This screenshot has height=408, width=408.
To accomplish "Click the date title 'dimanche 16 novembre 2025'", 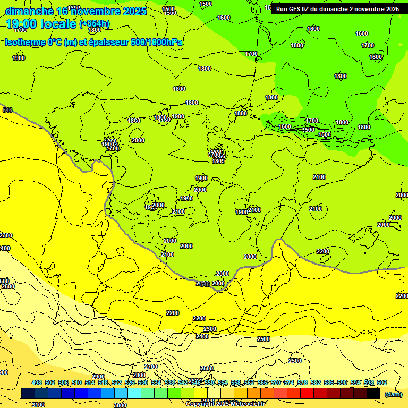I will pos(75,11).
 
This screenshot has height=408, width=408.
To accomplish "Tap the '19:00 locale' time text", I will pos(41,24).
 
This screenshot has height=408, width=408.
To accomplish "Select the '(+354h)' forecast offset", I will pos(94,24).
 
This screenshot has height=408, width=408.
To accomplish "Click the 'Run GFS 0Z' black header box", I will pos(337,9).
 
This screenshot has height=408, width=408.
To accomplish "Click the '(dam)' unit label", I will pos(394,394).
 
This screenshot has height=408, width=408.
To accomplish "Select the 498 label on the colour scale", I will pos(37,383).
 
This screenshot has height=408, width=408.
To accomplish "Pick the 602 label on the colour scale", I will pos(381,383).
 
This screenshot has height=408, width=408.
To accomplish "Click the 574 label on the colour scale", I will pos(288,383).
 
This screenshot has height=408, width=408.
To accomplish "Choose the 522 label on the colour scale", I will pos(116,383).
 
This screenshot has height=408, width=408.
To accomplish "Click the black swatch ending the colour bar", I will pos(373,394).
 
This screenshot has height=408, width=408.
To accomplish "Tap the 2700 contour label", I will pos(151,367).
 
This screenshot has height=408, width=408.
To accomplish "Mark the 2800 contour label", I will pos(139,375).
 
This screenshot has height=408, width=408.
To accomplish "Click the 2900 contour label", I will pos(98,377).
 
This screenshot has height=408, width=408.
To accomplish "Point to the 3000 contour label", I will pos(120,405).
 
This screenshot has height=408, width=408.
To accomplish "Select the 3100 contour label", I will pos(38,405).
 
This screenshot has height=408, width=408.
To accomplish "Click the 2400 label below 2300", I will pos(202,336).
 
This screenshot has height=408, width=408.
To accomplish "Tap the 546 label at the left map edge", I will pos(7,110).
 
